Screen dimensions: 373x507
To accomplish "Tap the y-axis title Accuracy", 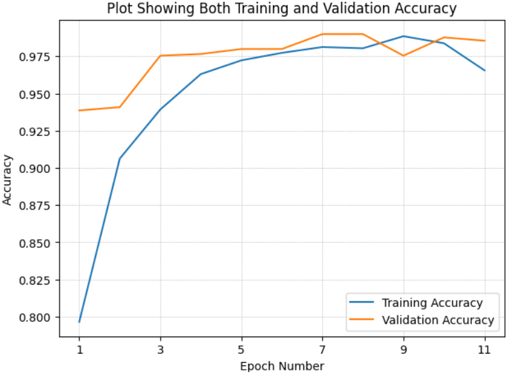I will [x=8, y=179].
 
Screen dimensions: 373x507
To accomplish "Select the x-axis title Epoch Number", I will [x=282, y=366].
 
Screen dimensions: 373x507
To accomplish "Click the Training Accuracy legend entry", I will [x=431, y=303].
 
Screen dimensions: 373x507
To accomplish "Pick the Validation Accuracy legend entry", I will [x=438, y=320].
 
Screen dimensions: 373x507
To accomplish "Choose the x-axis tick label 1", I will [x=79, y=350].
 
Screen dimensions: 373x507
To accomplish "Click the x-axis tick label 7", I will [x=323, y=350].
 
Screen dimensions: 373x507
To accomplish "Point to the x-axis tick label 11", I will [x=485, y=350].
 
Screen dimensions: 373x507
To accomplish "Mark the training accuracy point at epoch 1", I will [x=79, y=321].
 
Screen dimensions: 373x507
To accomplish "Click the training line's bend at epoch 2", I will [x=120, y=158].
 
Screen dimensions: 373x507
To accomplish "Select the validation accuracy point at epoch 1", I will [x=79, y=110].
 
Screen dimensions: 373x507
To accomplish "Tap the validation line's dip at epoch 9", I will [x=403, y=56].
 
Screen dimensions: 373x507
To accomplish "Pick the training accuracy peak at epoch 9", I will [x=403, y=36].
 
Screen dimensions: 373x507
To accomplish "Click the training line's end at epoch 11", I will [x=485, y=70].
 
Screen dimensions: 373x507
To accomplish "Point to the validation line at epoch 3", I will [x=160, y=56].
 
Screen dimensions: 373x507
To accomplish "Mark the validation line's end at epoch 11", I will [x=485, y=40].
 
